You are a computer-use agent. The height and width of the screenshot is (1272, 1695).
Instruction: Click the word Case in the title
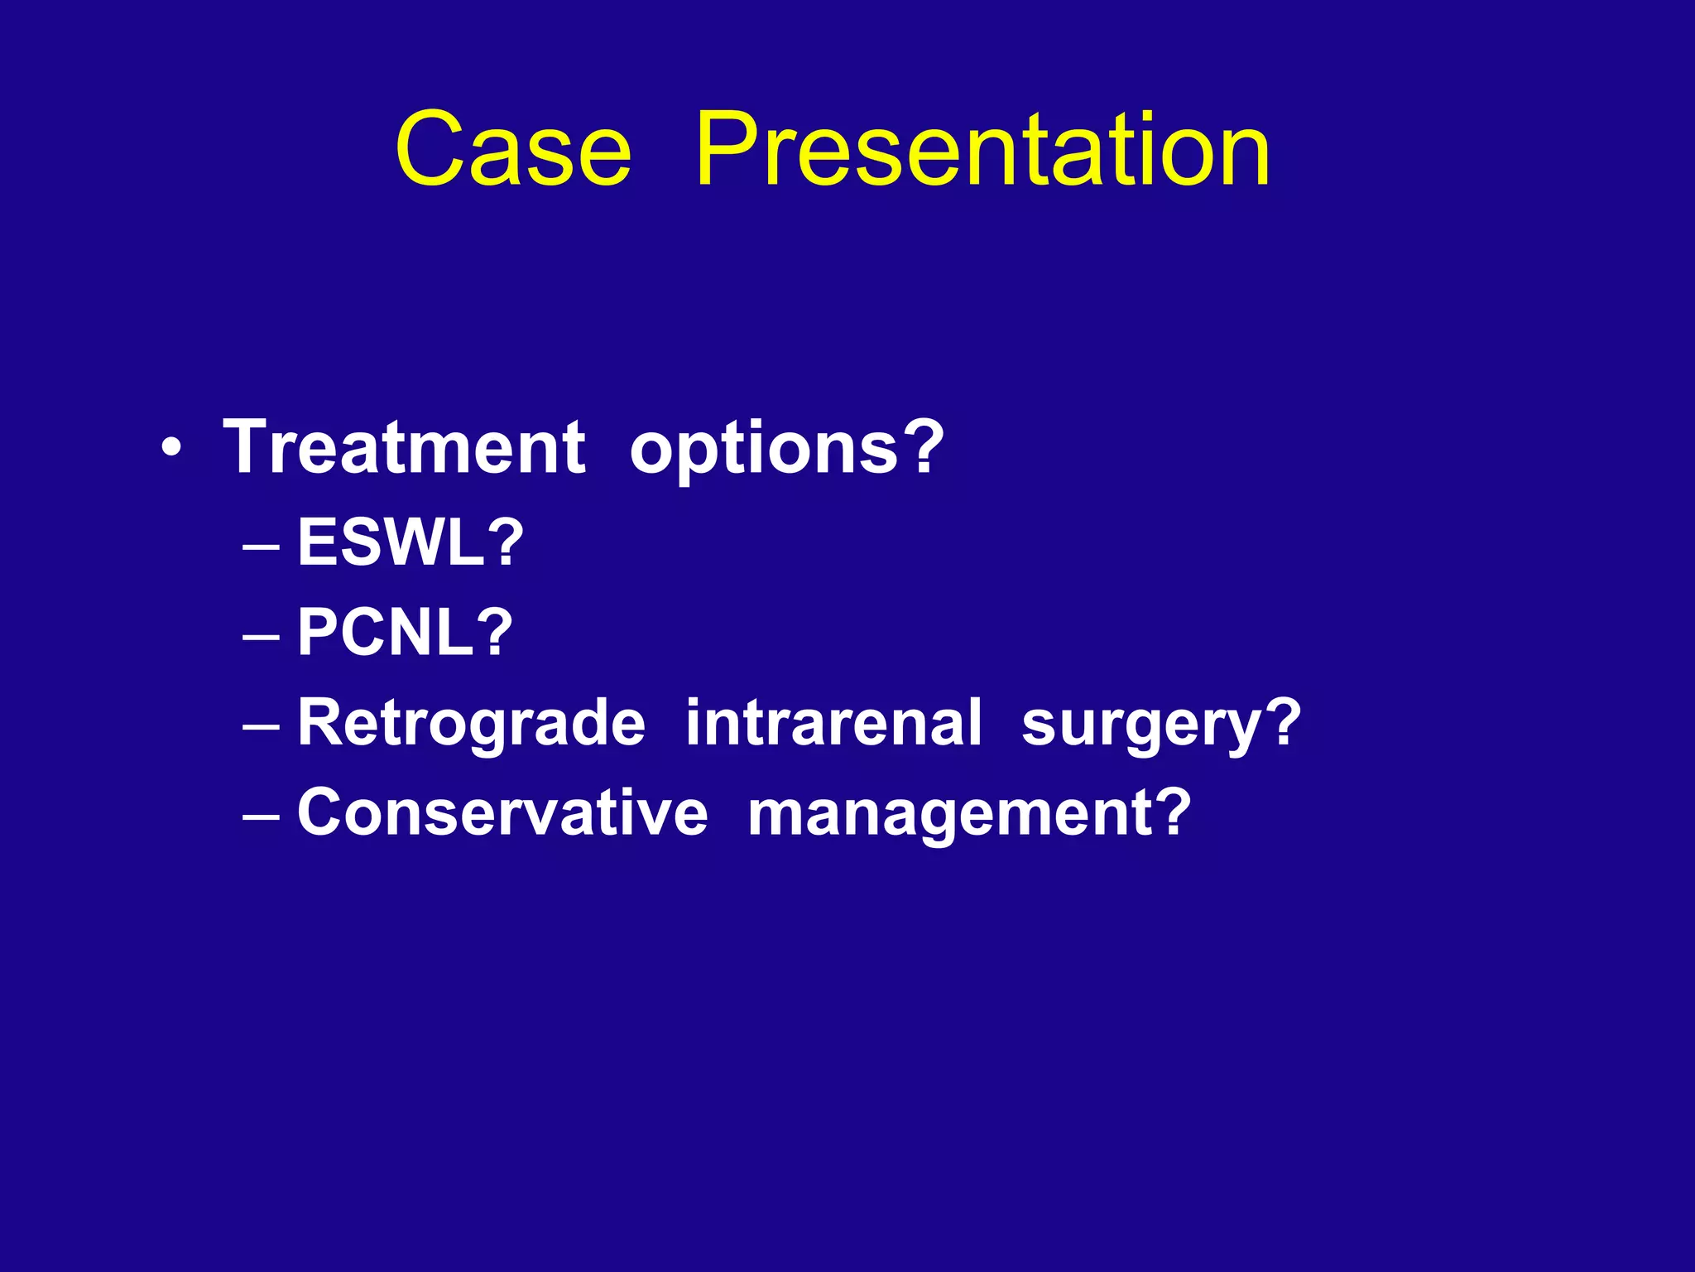pos(513,150)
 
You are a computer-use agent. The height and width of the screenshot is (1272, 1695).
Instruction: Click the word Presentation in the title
pos(982,150)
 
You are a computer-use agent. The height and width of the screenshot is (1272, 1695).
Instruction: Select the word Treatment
pos(405,447)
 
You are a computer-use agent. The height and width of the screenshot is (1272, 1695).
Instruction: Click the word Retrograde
pos(471,722)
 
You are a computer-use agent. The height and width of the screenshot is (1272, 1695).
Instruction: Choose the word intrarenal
pos(833,722)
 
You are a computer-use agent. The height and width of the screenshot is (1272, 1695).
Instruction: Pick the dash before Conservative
pos(262,817)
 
